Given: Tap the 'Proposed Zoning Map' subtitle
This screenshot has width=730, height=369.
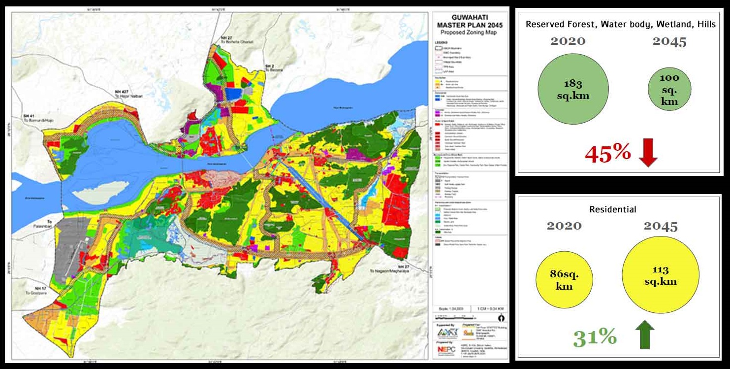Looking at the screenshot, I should (x=468, y=32).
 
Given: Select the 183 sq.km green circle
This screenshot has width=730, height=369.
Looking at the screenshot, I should (x=573, y=89).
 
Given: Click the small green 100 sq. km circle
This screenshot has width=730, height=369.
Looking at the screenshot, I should (x=669, y=90).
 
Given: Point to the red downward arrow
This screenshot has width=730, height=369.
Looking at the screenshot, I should (x=648, y=154).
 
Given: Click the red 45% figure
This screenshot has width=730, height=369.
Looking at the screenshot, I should (x=607, y=154).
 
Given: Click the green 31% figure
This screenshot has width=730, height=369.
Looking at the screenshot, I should (x=595, y=337).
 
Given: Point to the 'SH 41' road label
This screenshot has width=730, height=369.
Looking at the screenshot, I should (x=29, y=116).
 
